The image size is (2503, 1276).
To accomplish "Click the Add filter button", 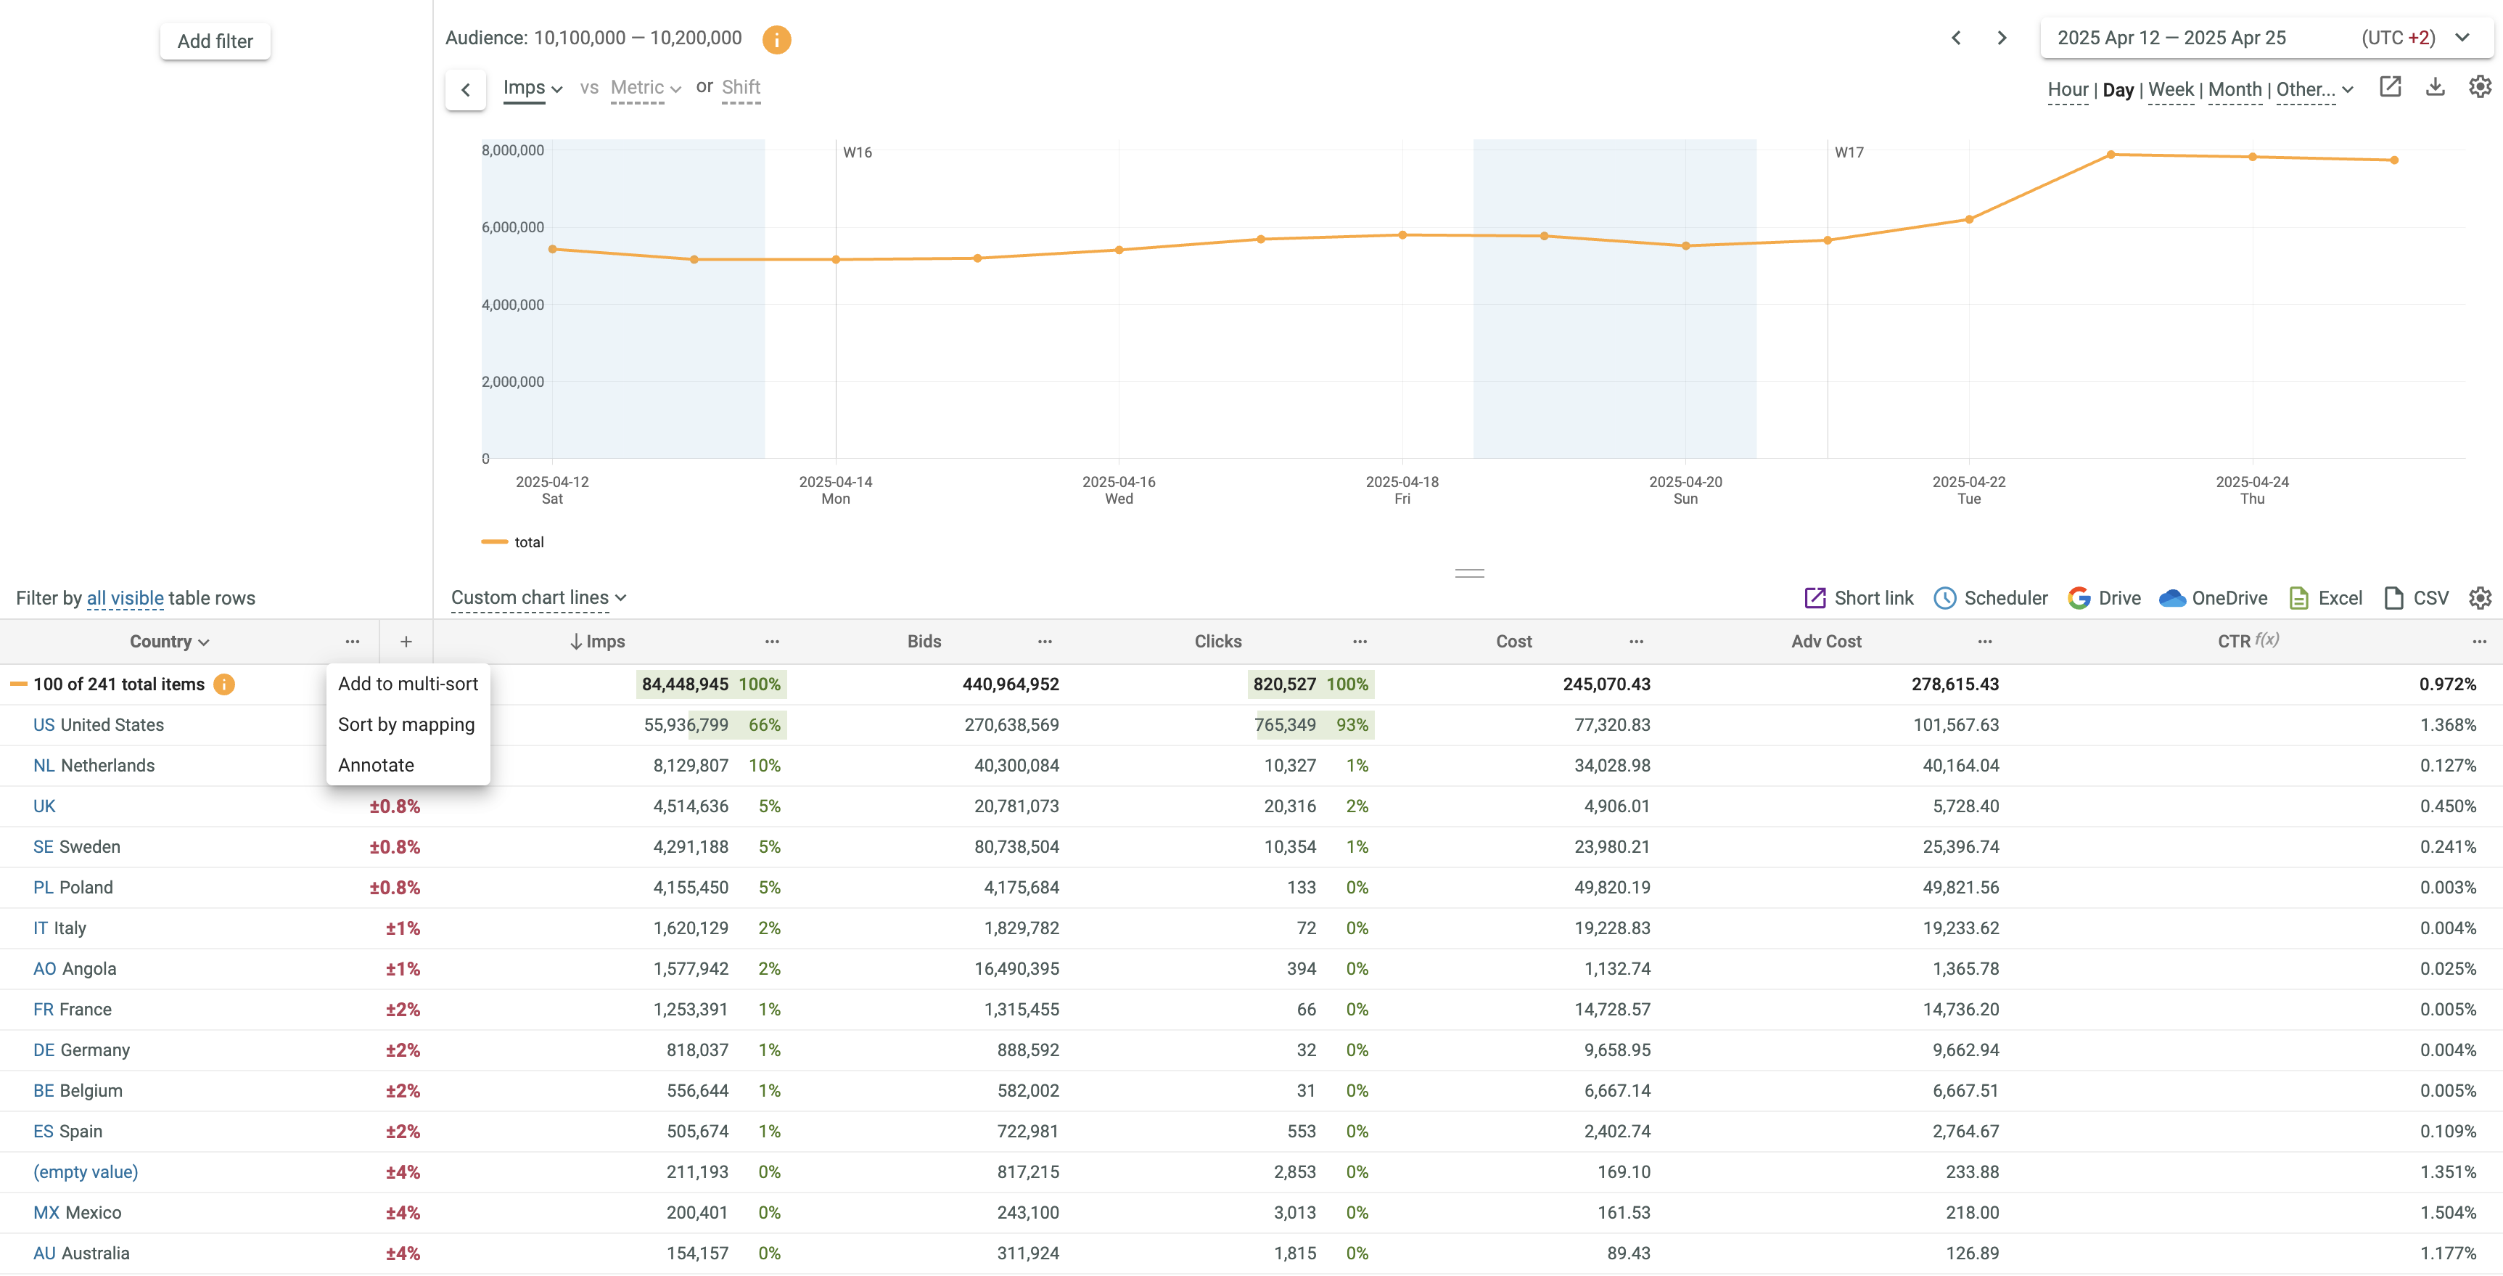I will [215, 41].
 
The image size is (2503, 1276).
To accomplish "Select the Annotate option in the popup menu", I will [376, 765].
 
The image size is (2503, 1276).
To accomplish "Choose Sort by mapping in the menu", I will [406, 724].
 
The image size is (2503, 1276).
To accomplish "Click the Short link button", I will [1859, 597].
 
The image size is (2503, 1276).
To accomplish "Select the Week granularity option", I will [2171, 89].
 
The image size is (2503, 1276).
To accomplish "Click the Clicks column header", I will [1217, 642].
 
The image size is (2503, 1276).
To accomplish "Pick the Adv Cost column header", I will [1826, 642].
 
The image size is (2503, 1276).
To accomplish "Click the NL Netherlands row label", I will [94, 766].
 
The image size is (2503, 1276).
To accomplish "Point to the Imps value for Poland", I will [690, 887].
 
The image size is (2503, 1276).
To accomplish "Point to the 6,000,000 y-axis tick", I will [513, 227].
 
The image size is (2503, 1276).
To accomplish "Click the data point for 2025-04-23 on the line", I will [2111, 155].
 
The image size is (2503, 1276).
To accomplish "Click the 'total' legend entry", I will [529, 542].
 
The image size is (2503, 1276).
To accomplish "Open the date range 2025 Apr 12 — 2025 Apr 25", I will [2171, 38].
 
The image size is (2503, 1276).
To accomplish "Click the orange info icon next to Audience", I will [776, 40].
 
